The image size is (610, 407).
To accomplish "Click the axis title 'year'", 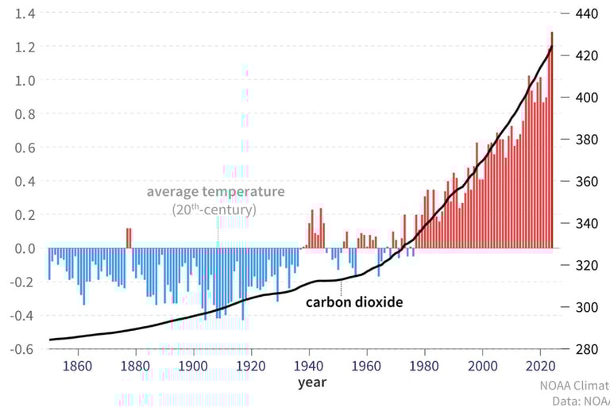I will coord(311,383).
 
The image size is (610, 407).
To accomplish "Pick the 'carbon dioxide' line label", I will coord(355,301).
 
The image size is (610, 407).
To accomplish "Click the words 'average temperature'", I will coord(215,192).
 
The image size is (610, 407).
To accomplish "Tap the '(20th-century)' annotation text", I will coord(214,210).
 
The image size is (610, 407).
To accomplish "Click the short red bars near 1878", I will coord(129,237).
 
